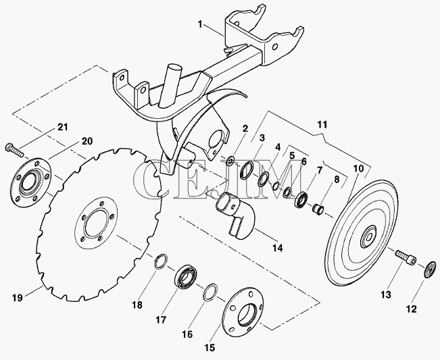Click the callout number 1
coord(200,24)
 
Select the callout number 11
coord(321,125)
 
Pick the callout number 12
coord(410,310)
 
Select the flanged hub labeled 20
coord(30,180)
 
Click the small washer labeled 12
coord(427,271)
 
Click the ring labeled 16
coord(210,291)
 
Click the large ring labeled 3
coord(246,172)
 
